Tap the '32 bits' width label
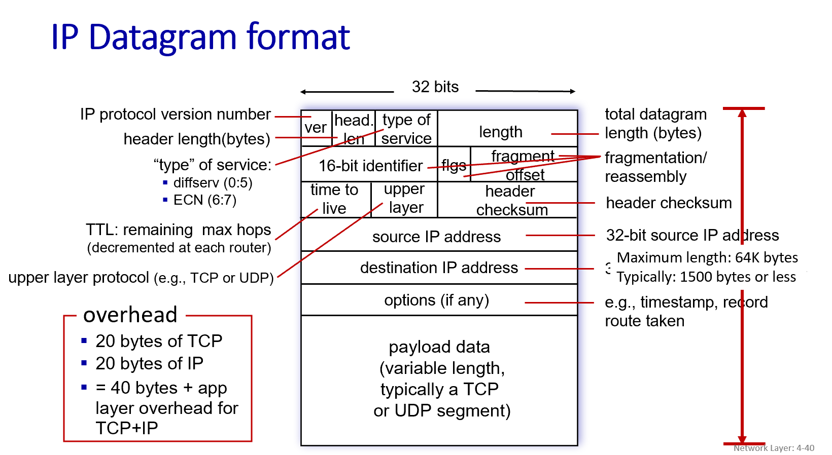(435, 87)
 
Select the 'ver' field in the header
(316, 128)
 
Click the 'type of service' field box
(406, 129)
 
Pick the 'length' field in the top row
(500, 132)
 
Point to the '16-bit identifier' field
(370, 166)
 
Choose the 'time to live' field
(334, 199)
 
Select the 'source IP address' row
(436, 237)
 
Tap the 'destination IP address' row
(439, 268)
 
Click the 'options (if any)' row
(436, 300)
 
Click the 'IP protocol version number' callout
(175, 115)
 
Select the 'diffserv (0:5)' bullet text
(213, 182)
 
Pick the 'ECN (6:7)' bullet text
(204, 200)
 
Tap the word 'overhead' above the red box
(130, 315)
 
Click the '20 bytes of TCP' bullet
(159, 341)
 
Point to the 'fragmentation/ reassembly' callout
(655, 167)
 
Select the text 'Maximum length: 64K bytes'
(707, 258)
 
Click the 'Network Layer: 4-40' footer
(774, 448)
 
